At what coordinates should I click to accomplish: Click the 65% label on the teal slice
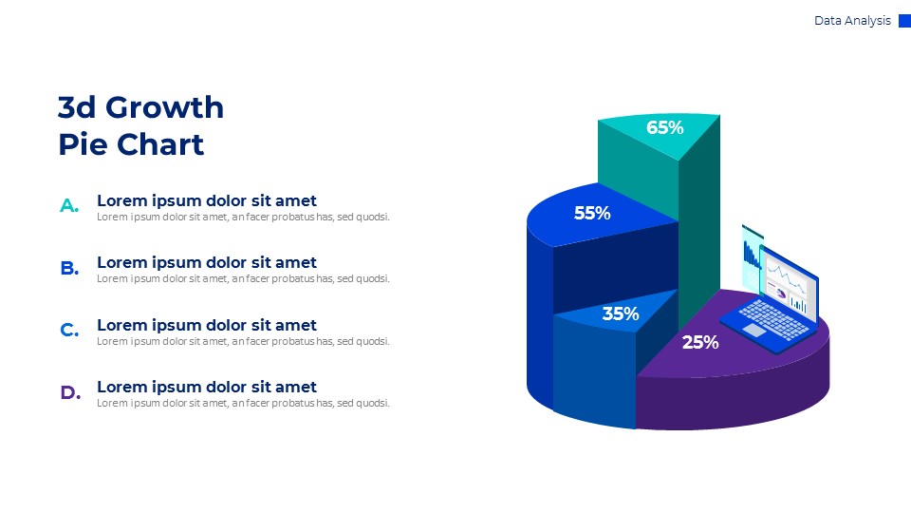point(665,127)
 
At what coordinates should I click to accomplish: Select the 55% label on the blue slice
point(592,214)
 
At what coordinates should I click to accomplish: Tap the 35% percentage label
point(621,313)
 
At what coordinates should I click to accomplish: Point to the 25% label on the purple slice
point(700,342)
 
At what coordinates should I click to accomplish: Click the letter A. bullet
point(69,205)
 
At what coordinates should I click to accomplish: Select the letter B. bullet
point(69,268)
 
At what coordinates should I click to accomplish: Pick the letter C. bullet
point(69,331)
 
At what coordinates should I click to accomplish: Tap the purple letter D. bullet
point(69,392)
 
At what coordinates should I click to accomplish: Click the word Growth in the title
point(164,108)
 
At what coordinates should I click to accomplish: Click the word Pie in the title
point(83,145)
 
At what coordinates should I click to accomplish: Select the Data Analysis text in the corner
point(852,21)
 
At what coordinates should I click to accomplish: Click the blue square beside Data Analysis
point(904,21)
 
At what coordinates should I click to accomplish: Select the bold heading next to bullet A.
point(207,200)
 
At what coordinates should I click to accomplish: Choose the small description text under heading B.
point(243,278)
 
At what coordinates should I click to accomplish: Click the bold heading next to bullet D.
point(207,387)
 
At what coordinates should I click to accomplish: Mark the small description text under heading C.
point(243,341)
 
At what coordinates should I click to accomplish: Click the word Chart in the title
point(160,145)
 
